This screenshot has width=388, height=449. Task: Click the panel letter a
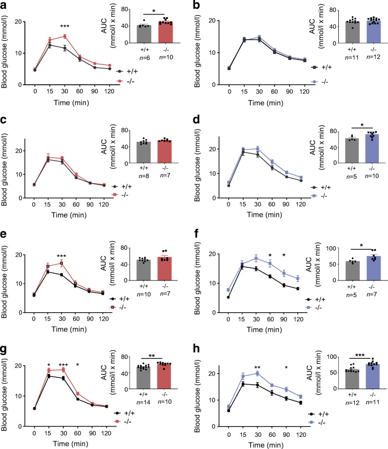4,5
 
